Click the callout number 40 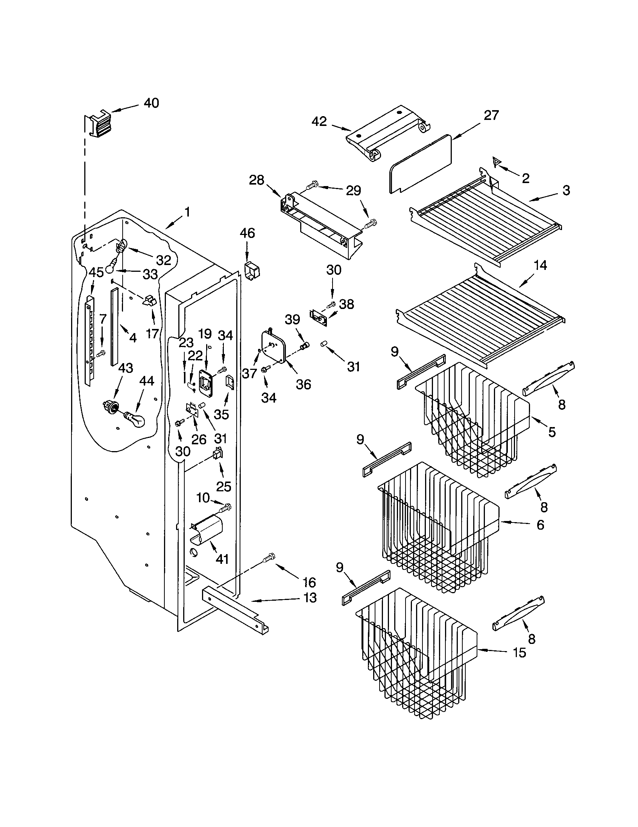pyautogui.click(x=152, y=103)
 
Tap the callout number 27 pyautogui.click(x=491, y=115)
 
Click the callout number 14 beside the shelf pyautogui.click(x=540, y=265)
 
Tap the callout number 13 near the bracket pyautogui.click(x=310, y=598)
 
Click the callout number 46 pyautogui.click(x=247, y=233)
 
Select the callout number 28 pyautogui.click(x=257, y=180)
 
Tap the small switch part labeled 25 pyautogui.click(x=217, y=454)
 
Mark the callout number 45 pyautogui.click(x=96, y=272)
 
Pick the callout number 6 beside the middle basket pyautogui.click(x=540, y=524)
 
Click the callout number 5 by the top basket pyautogui.click(x=552, y=432)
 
